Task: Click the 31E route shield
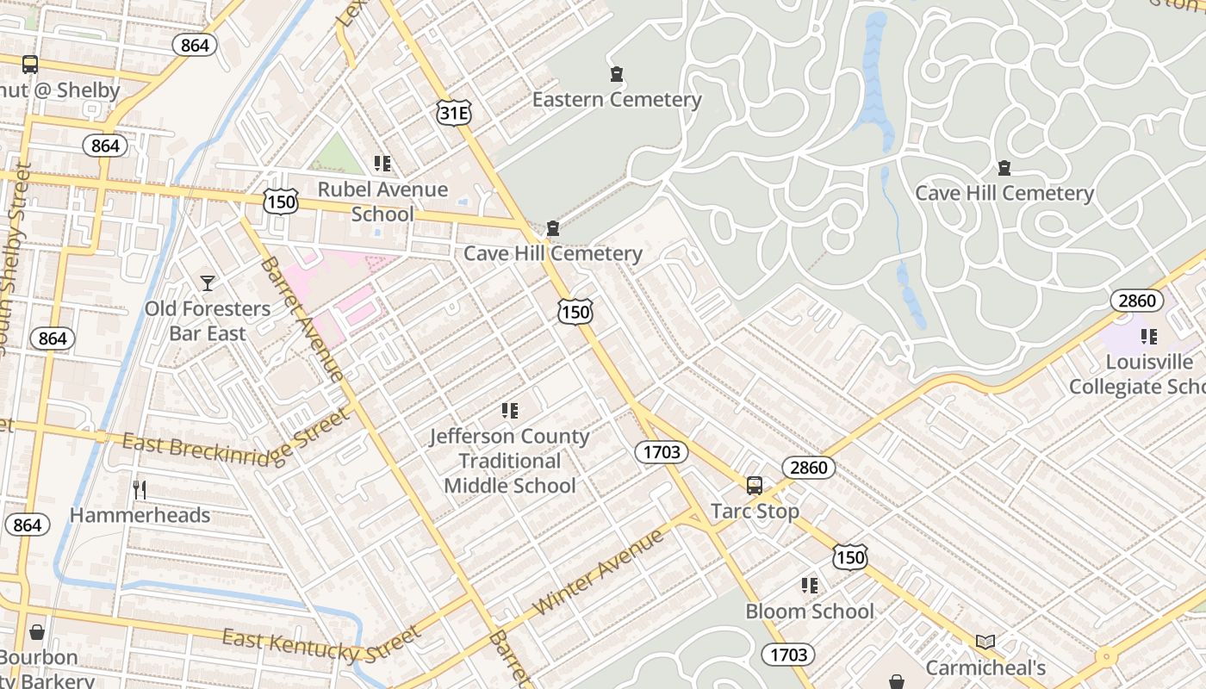pos(454,113)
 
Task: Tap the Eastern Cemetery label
pos(617,100)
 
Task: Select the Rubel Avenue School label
pos(382,202)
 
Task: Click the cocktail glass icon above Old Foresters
pos(208,282)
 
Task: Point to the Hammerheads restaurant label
pos(140,515)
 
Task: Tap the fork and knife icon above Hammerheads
pos(140,490)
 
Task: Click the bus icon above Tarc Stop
pos(755,486)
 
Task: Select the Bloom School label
pos(810,611)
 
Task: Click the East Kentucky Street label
pos(321,644)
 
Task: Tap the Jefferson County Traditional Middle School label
pos(510,461)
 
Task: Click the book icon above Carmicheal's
pos(985,642)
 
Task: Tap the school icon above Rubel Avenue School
pos(382,164)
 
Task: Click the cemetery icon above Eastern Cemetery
pos(617,74)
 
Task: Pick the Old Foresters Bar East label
pos(208,320)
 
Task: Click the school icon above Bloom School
pos(810,586)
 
